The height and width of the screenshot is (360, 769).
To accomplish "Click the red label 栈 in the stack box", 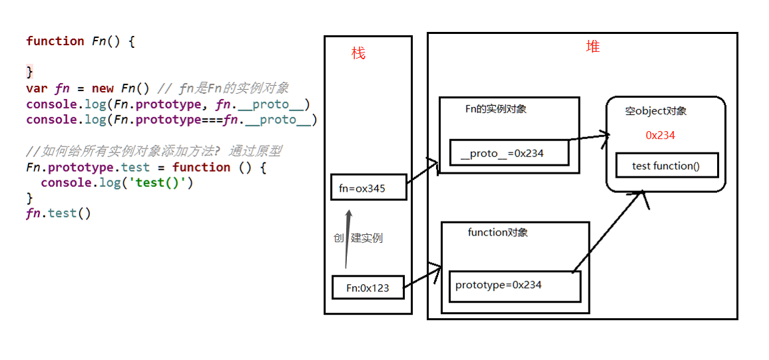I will pyautogui.click(x=358, y=54).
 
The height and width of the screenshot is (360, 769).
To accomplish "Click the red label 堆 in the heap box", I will pyautogui.click(x=593, y=47).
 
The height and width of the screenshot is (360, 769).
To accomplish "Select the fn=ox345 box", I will pyautogui.click(x=368, y=188).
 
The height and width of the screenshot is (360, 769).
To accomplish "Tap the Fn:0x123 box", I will pyautogui.click(x=368, y=288).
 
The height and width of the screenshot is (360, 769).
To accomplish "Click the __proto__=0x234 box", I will pyautogui.click(x=509, y=153).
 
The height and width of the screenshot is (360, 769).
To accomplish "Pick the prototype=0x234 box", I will pyautogui.click(x=515, y=285).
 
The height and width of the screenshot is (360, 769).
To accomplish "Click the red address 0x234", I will pyautogui.click(x=660, y=136).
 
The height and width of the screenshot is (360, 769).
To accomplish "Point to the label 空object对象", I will pyautogui.click(x=655, y=111).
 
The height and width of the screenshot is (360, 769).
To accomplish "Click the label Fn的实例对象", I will pyautogui.click(x=495, y=108).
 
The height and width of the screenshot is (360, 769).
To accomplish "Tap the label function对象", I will pyautogui.click(x=497, y=232).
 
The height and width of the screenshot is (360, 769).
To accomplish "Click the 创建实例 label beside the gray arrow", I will pyautogui.click(x=358, y=238).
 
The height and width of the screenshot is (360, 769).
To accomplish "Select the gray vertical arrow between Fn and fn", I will pyautogui.click(x=347, y=240).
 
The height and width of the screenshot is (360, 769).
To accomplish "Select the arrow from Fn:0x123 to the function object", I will pyautogui.click(x=423, y=278).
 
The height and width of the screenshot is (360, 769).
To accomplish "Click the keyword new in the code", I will pyautogui.click(x=103, y=89).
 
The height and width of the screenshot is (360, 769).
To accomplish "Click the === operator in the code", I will pyautogui.click(x=212, y=120).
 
